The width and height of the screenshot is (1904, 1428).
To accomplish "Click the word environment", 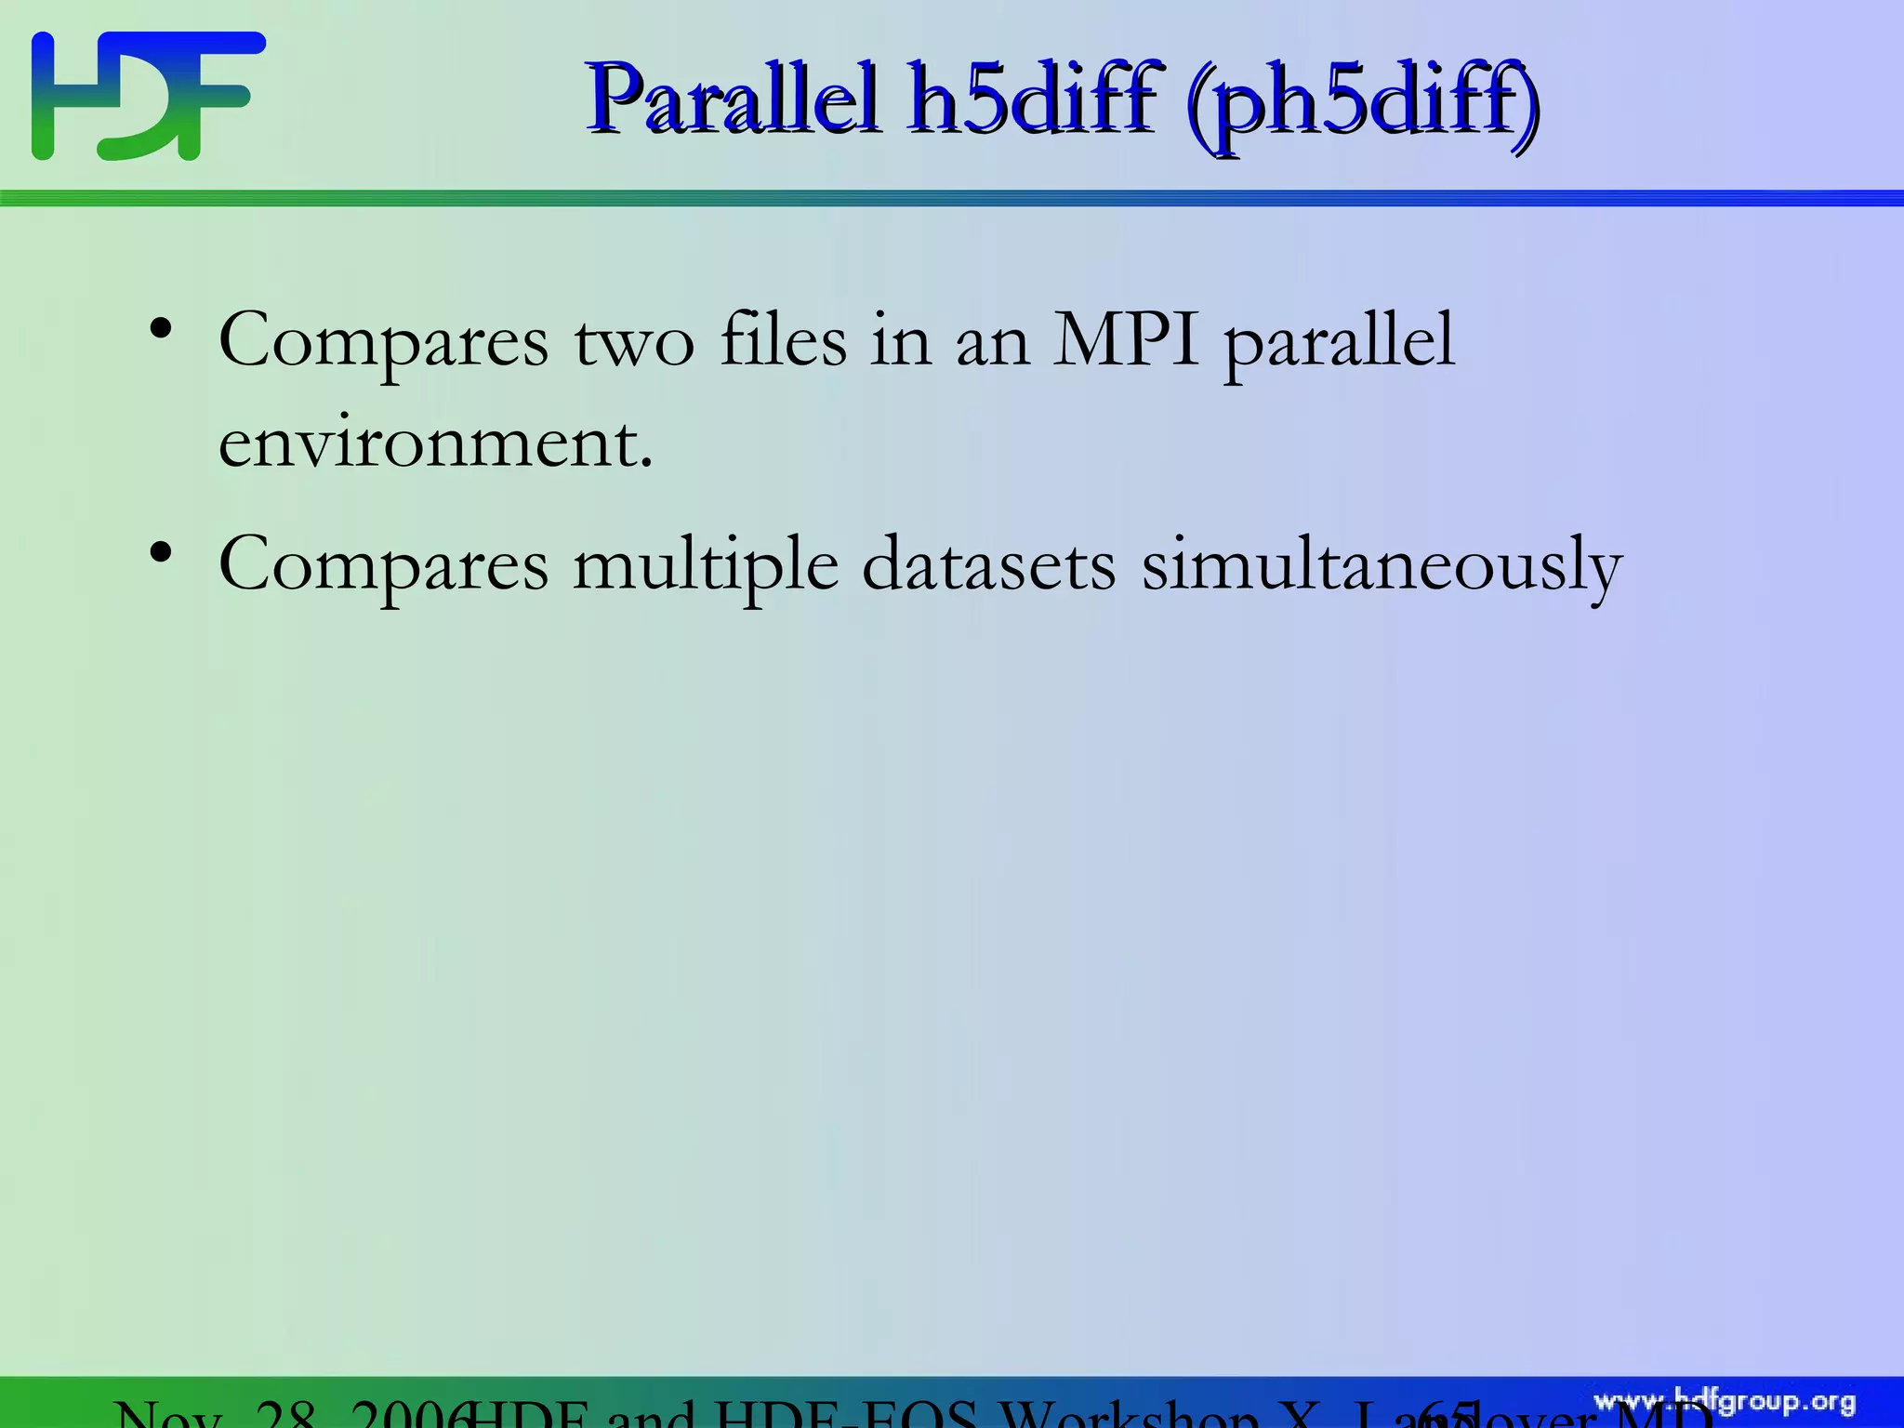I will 435,443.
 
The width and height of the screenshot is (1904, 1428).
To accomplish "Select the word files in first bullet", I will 783,340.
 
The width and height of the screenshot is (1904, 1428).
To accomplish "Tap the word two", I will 633,342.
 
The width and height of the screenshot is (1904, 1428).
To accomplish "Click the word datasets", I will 988,564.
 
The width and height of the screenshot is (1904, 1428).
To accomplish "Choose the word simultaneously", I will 1382,567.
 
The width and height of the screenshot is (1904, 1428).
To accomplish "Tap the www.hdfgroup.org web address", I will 1725,1402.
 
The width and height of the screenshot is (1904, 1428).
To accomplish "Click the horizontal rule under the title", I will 952,198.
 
